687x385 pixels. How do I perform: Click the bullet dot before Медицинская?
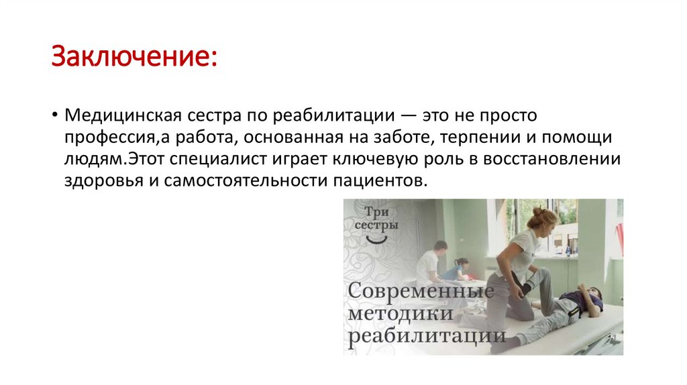pyautogui.click(x=54, y=115)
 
